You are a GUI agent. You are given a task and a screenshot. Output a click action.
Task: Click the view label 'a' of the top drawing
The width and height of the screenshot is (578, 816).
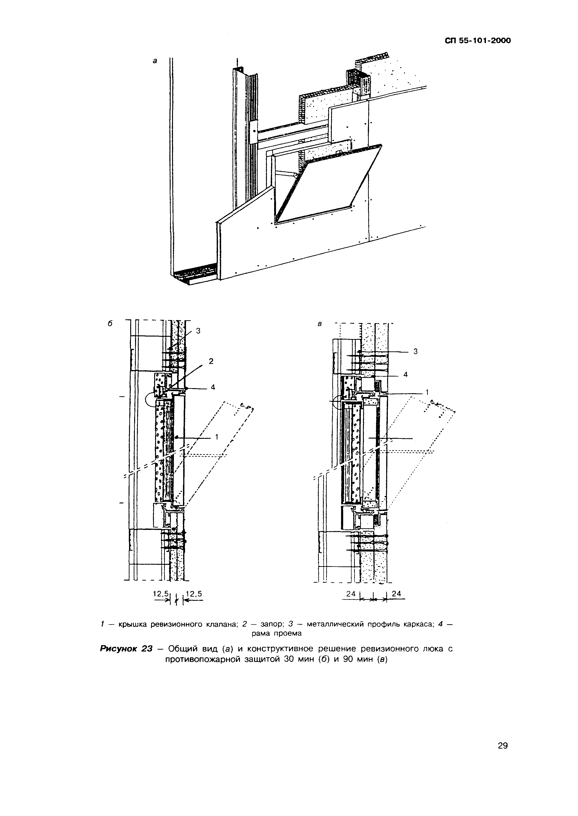(x=155, y=61)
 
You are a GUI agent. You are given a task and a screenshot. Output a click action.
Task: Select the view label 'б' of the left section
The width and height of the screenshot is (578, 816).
(x=110, y=324)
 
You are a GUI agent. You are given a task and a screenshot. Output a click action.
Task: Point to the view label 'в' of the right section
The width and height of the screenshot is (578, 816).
(x=320, y=324)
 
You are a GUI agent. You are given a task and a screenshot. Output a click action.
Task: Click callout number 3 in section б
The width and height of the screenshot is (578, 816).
(x=198, y=331)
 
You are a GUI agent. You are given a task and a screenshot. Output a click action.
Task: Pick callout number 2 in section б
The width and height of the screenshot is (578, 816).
(x=211, y=361)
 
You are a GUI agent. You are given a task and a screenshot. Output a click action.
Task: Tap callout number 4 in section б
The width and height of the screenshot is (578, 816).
(x=213, y=387)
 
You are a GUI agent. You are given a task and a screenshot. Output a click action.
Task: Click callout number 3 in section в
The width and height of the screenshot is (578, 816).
(x=415, y=351)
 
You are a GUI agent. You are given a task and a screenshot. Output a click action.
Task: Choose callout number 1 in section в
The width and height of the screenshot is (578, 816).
(x=427, y=392)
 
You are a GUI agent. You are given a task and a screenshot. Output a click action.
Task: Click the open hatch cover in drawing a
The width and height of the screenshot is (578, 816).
(x=327, y=183)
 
